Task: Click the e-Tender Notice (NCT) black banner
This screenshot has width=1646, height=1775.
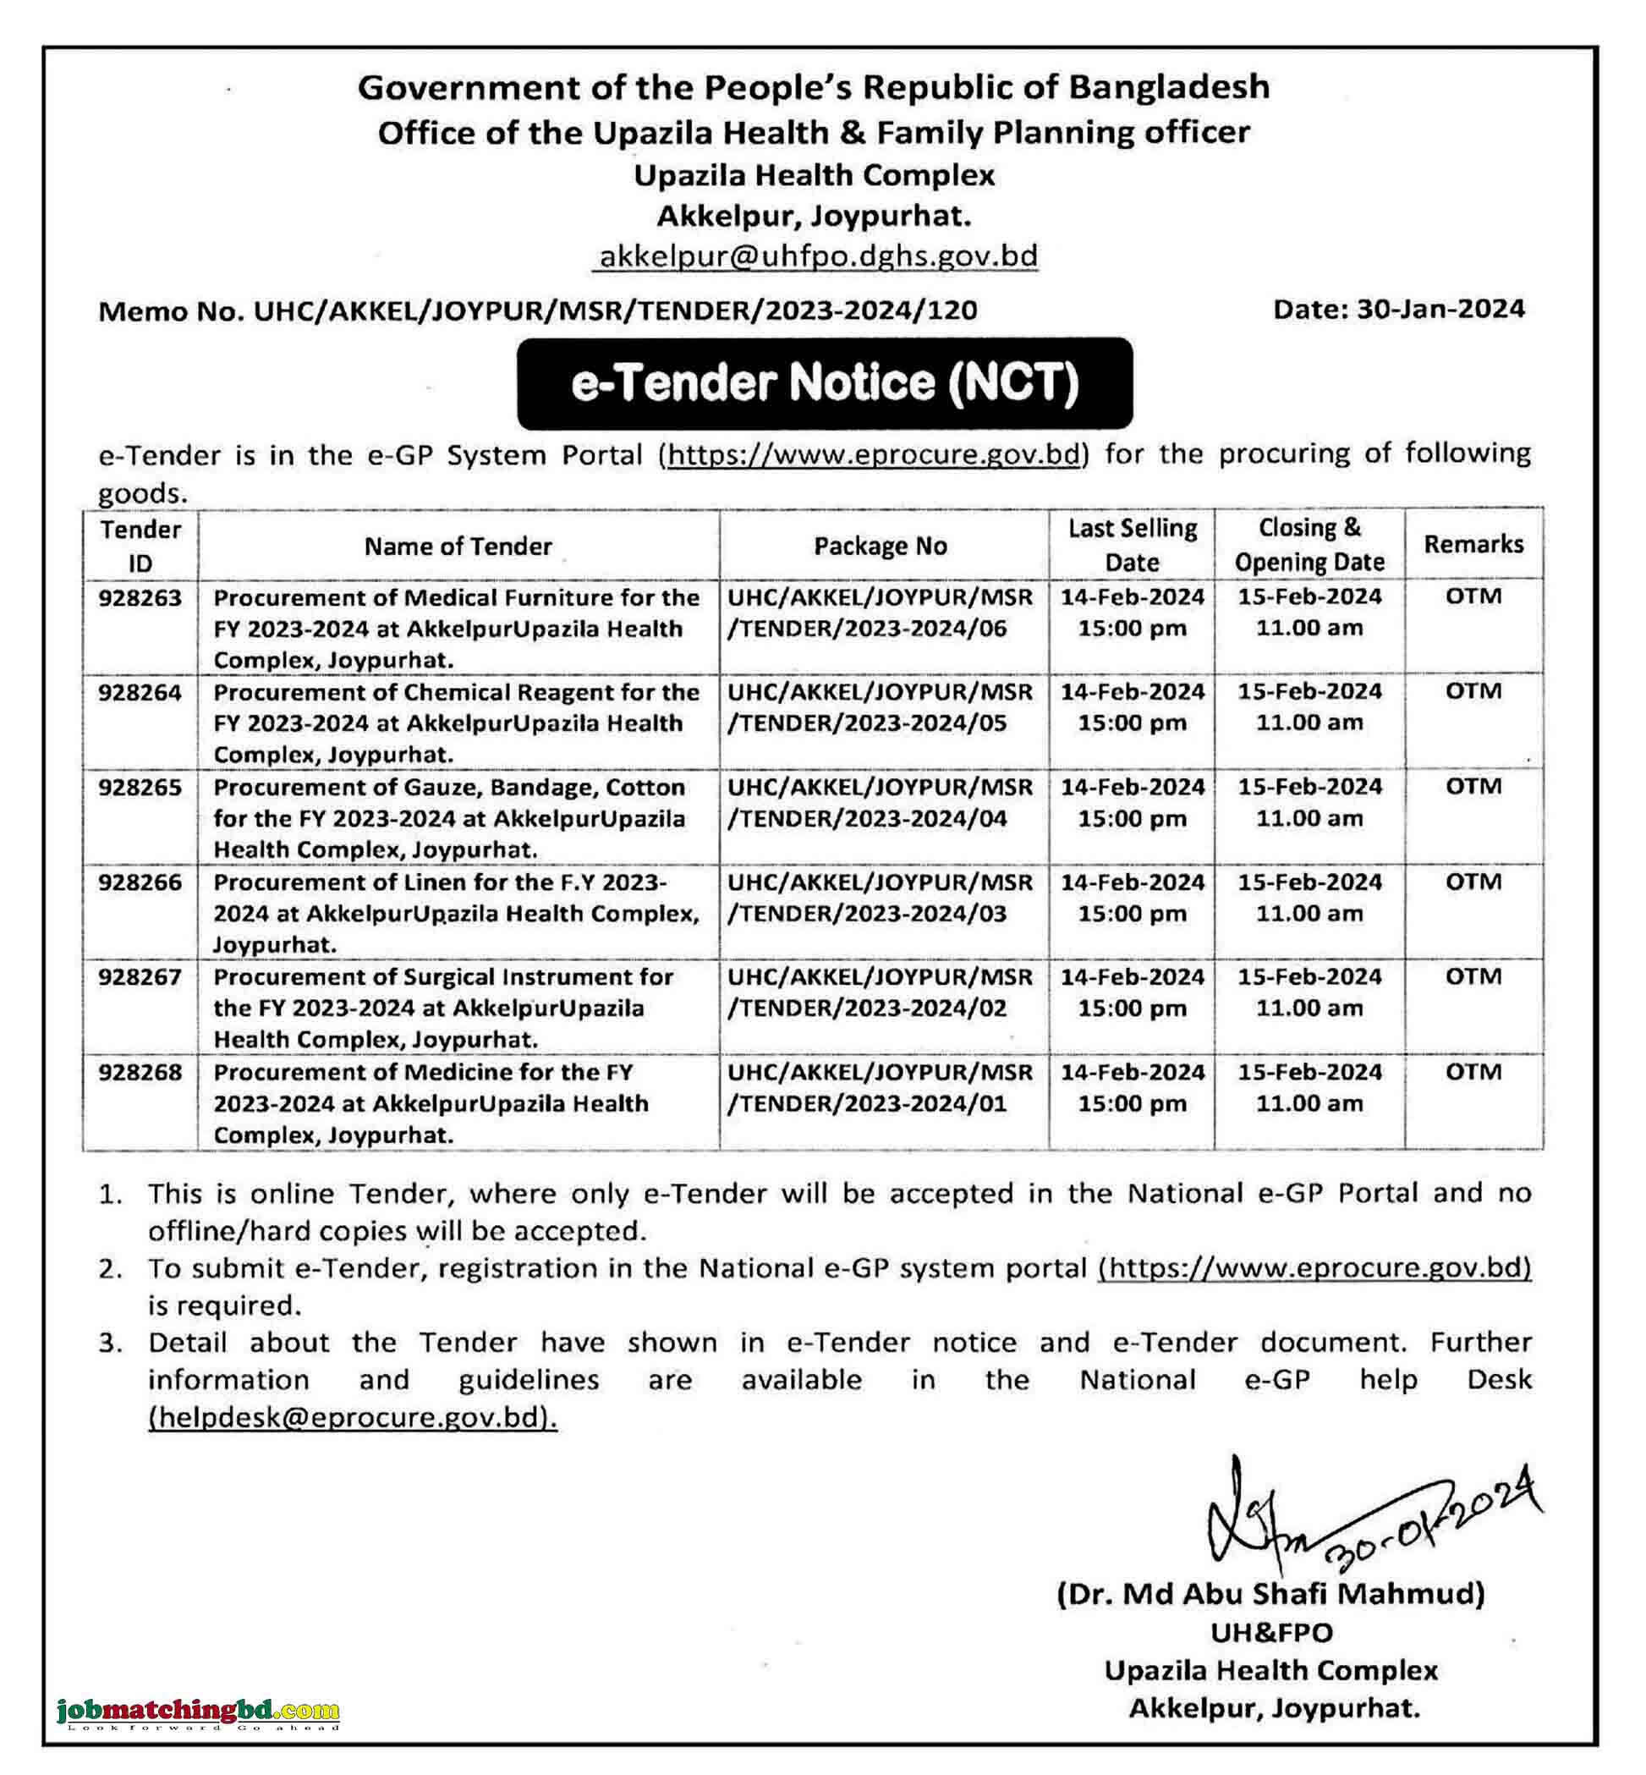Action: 824,383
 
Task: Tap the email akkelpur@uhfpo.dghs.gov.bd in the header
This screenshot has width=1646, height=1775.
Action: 818,256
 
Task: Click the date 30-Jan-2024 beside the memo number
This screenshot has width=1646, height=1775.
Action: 1440,309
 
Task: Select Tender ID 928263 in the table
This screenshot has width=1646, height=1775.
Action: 140,598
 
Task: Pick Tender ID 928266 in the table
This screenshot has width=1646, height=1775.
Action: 140,882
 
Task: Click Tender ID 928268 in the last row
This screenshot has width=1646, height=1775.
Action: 140,1072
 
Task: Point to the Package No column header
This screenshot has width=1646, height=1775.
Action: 880,546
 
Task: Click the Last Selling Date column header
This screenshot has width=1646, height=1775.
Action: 1132,545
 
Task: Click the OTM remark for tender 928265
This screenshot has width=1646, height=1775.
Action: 1473,787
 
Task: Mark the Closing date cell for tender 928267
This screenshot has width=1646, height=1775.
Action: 1309,992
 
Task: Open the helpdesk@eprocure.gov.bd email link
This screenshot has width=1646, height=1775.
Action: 353,1417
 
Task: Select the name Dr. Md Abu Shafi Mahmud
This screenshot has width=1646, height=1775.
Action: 1270,1593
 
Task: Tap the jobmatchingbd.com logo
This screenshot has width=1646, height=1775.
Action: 198,1712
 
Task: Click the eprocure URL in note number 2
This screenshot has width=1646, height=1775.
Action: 1314,1267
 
